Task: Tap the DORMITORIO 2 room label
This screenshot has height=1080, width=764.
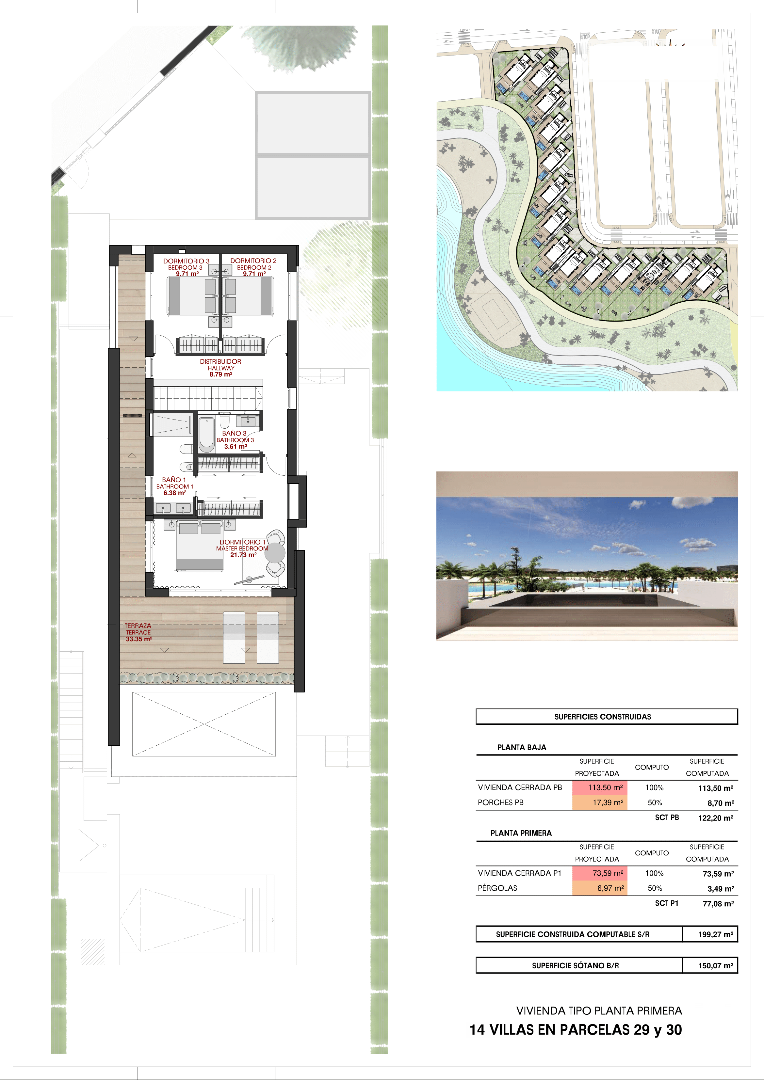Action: pyautogui.click(x=253, y=261)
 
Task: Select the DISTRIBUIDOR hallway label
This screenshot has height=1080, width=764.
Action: pyautogui.click(x=220, y=362)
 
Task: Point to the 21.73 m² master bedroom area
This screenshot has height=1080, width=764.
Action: pyautogui.click(x=243, y=555)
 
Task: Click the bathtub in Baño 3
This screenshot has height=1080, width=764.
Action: pyautogui.click(x=206, y=434)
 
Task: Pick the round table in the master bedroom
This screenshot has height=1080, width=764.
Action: pyautogui.click(x=275, y=553)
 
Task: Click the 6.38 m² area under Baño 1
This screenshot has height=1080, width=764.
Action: pyautogui.click(x=175, y=493)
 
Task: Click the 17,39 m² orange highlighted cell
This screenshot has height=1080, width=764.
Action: pyautogui.click(x=600, y=802)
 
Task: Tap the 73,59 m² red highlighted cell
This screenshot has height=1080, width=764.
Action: pyautogui.click(x=600, y=873)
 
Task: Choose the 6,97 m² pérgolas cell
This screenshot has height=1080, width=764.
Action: pyautogui.click(x=600, y=888)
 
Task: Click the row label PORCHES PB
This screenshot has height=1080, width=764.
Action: pyautogui.click(x=500, y=802)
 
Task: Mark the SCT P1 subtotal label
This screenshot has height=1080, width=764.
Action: pyautogui.click(x=667, y=903)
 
